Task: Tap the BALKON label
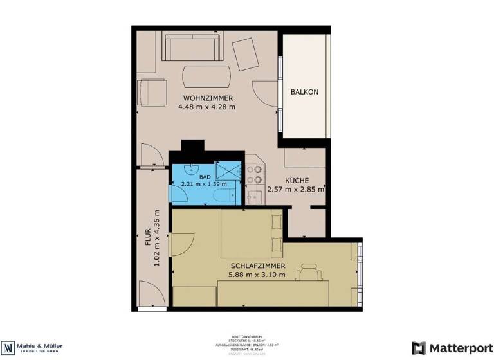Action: [x=304, y=92]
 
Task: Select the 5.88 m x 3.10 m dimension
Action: [x=257, y=274]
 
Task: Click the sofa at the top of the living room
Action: [x=191, y=47]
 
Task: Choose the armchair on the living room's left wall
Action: [x=152, y=92]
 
